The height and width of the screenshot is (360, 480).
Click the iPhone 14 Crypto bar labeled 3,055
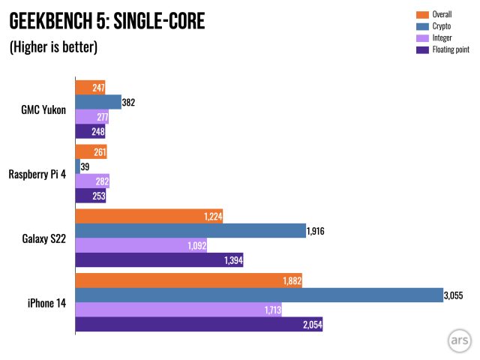[x=259, y=295]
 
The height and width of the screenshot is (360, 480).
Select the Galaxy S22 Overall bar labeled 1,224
[x=149, y=216]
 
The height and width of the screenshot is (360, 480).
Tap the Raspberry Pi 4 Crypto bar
[x=78, y=166]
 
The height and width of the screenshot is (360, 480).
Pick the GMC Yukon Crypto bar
[x=98, y=102]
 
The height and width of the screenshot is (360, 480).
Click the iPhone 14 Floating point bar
[x=199, y=324]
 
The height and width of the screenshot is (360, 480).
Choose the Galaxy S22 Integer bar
[x=141, y=245]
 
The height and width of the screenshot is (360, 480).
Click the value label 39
[x=85, y=166]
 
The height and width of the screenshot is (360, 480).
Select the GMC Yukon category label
[x=43, y=109]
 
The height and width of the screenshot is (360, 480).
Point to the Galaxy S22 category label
[x=43, y=238]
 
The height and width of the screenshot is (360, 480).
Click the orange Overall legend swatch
[x=421, y=14]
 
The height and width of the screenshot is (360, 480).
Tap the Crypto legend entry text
[x=441, y=25]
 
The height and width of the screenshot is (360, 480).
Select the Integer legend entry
[x=442, y=37]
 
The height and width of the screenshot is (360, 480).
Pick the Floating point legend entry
[x=451, y=49]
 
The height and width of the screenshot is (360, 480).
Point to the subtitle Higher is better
[x=53, y=46]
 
